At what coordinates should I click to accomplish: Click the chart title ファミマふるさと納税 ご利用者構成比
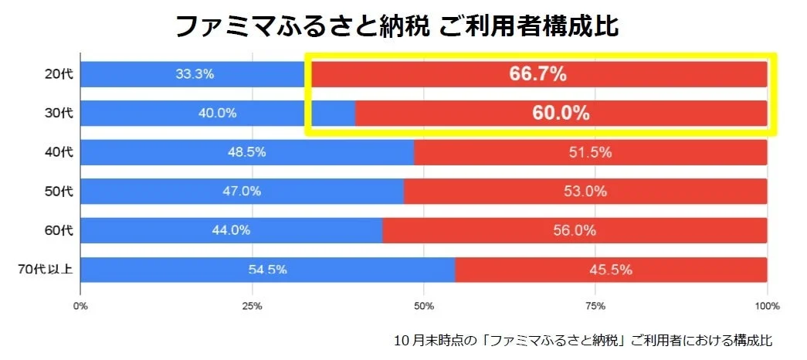(397, 25)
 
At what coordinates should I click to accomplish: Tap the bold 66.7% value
(538, 75)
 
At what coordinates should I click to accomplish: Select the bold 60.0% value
(561, 114)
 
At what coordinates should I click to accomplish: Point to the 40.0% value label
(217, 114)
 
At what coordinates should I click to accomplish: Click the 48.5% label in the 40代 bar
(246, 152)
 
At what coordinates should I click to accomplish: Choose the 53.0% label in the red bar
(585, 192)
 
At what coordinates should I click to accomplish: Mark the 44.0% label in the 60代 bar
(231, 230)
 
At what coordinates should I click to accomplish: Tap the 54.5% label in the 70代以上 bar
(267, 270)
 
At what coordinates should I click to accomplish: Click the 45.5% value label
(612, 270)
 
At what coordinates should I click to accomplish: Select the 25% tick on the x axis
(252, 307)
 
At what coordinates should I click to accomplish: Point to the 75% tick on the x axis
(595, 307)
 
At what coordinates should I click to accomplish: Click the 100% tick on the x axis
(766, 307)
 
